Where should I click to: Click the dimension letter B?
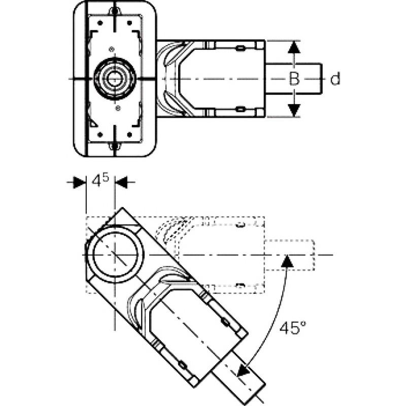[x=294, y=79]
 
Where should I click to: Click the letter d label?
[x=335, y=79]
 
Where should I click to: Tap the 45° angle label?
[x=293, y=327]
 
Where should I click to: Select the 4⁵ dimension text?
[x=100, y=180]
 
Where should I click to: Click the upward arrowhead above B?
[x=294, y=47]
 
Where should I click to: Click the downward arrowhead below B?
[x=294, y=110]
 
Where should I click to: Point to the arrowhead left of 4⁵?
[x=79, y=182]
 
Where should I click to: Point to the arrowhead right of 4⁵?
[x=121, y=182]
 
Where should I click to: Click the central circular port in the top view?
[x=114, y=79]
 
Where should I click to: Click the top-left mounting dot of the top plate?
[x=100, y=23]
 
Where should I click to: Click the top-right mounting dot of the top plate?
[x=129, y=23]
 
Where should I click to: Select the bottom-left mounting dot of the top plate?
[x=100, y=134]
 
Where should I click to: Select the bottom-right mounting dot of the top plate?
[x=129, y=134]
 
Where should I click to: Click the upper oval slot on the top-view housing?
[x=240, y=48]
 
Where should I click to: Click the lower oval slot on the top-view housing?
[x=240, y=109]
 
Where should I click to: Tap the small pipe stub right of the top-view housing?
[x=294, y=79]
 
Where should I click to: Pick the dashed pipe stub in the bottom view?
[x=289, y=255]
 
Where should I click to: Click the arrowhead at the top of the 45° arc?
[x=287, y=261]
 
